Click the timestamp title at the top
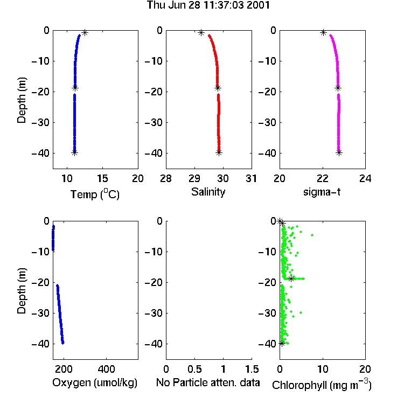click(208, 5)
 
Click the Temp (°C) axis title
click(95, 194)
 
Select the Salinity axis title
click(208, 192)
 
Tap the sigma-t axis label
click(322, 192)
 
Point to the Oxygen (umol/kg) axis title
click(95, 382)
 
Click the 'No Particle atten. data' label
click(208, 382)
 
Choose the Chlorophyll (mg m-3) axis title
click(322, 385)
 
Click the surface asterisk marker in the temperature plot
click(85, 33)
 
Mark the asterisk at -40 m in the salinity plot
click(219, 153)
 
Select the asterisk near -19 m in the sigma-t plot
click(338, 88)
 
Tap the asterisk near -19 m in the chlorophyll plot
click(291, 279)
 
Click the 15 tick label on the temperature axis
click(102, 178)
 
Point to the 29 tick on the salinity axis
click(194, 178)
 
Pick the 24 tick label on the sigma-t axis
click(365, 178)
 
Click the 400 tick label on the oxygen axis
click(107, 369)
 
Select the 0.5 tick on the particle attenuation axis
click(194, 369)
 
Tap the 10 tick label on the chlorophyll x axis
click(323, 369)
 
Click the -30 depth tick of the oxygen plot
click(40, 313)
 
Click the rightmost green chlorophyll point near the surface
click(312, 235)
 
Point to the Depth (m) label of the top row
click(22, 100)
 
